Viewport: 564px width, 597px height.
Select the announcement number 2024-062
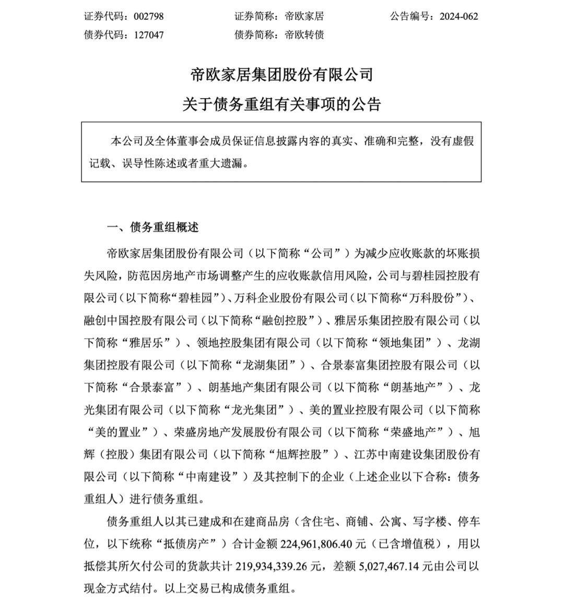click(x=459, y=16)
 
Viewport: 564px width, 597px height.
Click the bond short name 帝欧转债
click(x=304, y=35)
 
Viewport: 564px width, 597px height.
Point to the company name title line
click(x=281, y=75)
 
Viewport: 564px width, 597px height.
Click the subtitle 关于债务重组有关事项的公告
click(x=281, y=104)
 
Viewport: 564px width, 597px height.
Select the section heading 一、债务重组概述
click(x=152, y=228)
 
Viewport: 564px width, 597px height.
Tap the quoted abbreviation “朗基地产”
click(x=418, y=387)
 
